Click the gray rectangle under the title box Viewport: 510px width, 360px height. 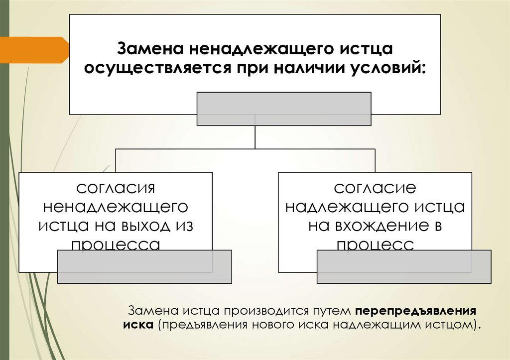coord(284,109)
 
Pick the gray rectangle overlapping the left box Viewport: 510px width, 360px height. coord(145,266)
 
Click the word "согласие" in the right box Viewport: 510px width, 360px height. coord(375,188)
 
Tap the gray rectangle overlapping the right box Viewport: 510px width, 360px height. coord(403,266)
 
